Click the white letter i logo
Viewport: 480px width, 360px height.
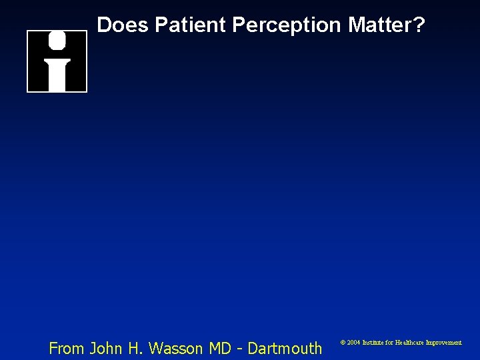coord(57,61)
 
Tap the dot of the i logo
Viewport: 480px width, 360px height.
coord(57,41)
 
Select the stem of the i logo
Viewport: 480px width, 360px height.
coord(57,75)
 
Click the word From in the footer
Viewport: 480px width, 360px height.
coord(67,347)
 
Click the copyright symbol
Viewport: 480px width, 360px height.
coord(343,342)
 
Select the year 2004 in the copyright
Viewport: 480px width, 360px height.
coord(353,342)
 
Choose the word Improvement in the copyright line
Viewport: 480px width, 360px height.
coord(443,342)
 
